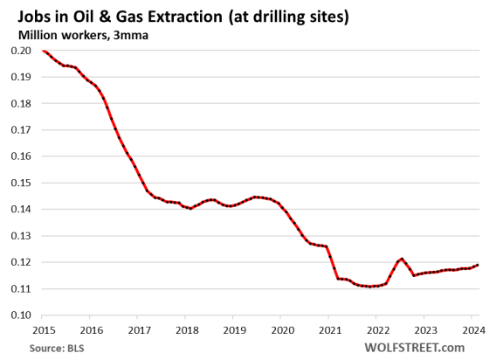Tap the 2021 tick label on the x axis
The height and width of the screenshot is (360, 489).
[327, 329]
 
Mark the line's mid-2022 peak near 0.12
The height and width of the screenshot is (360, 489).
[402, 259]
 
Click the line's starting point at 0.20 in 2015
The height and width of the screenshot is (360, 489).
[42, 51]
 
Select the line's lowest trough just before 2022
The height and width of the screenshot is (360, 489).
[372, 286]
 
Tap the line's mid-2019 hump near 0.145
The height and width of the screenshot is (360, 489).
[254, 197]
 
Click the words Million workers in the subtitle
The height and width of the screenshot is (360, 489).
[55, 34]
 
